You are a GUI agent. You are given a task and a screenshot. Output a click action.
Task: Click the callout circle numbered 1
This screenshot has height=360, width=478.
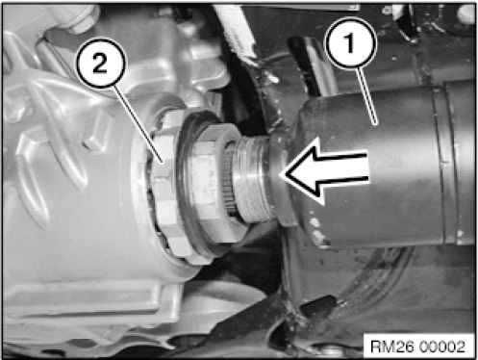[350, 42]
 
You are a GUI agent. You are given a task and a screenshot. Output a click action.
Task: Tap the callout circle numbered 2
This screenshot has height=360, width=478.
[100, 63]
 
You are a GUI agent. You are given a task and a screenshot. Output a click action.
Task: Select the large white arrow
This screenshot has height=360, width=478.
[324, 171]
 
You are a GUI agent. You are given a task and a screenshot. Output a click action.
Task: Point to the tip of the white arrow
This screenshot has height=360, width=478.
[280, 174]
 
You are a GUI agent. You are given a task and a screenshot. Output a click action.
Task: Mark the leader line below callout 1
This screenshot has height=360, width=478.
[368, 95]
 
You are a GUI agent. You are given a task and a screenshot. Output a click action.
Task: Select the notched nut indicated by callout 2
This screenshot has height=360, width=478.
[165, 183]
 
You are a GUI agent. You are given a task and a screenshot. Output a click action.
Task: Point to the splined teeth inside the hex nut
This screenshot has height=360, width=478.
[230, 180]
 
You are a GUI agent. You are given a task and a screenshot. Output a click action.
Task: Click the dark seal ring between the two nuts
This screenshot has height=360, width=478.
[186, 183]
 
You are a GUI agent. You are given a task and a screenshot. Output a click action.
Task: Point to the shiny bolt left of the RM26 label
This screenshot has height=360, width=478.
[330, 348]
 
